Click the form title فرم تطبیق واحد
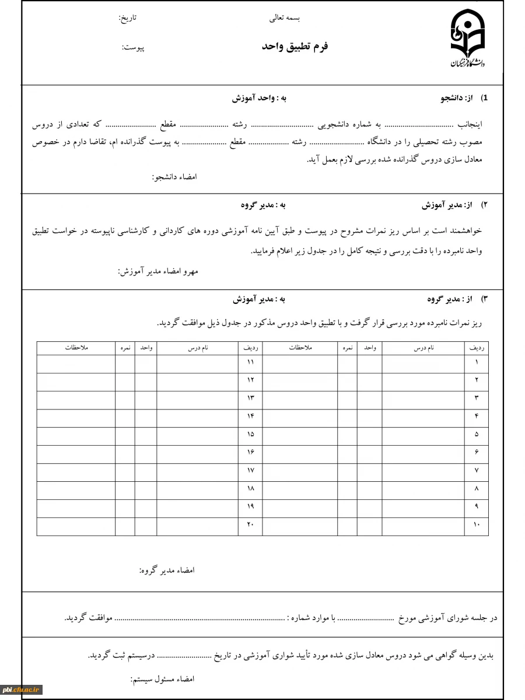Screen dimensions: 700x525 click(x=295, y=46)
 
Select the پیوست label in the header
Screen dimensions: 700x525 click(x=132, y=47)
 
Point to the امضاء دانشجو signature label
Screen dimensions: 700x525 click(x=174, y=176)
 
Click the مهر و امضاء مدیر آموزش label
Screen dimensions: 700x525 click(x=157, y=271)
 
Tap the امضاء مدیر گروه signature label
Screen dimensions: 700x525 click(x=166, y=570)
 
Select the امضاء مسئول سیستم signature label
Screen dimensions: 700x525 click(x=162, y=679)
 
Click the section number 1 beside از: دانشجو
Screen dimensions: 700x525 click(x=484, y=99)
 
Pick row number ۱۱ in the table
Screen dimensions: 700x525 click(x=250, y=362)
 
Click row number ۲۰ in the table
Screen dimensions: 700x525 click(x=250, y=525)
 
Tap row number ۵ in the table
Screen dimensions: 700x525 click(x=477, y=435)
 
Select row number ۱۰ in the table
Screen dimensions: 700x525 click(x=476, y=525)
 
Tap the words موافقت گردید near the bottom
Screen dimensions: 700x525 click(x=87, y=617)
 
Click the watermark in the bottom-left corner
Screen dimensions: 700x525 click(x=22, y=689)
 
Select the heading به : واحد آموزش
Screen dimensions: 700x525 click(x=259, y=99)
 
